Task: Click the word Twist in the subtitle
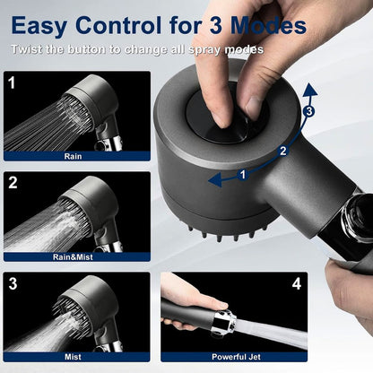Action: point(29,49)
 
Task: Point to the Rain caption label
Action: point(77,154)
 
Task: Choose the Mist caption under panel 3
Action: point(77,356)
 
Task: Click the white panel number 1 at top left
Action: point(13,83)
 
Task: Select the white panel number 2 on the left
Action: point(13,184)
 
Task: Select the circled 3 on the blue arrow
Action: point(308,112)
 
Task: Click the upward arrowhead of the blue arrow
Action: point(308,88)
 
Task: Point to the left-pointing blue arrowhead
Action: point(214,180)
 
